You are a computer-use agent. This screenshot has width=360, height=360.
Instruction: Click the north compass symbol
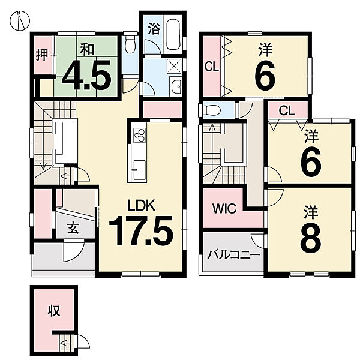[20, 20]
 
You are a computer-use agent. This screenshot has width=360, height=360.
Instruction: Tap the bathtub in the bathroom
[174, 34]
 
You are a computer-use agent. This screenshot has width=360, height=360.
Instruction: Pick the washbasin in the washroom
[176, 86]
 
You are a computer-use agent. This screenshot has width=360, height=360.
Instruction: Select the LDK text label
[142, 205]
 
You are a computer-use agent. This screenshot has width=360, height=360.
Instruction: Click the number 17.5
[140, 231]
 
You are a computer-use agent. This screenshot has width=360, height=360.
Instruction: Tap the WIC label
[224, 208]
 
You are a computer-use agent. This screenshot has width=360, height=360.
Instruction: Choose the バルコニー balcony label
[234, 255]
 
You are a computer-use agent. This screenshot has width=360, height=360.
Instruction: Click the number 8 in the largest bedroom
[311, 240]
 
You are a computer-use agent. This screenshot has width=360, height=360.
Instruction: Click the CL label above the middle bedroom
[287, 112]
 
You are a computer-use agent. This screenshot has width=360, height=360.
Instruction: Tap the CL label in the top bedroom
[212, 67]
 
